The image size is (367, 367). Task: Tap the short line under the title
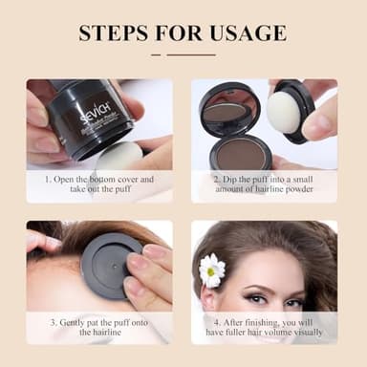(x=183, y=55)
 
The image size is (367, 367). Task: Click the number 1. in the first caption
(x=47, y=178)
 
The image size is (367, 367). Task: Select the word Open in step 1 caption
(x=66, y=178)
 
